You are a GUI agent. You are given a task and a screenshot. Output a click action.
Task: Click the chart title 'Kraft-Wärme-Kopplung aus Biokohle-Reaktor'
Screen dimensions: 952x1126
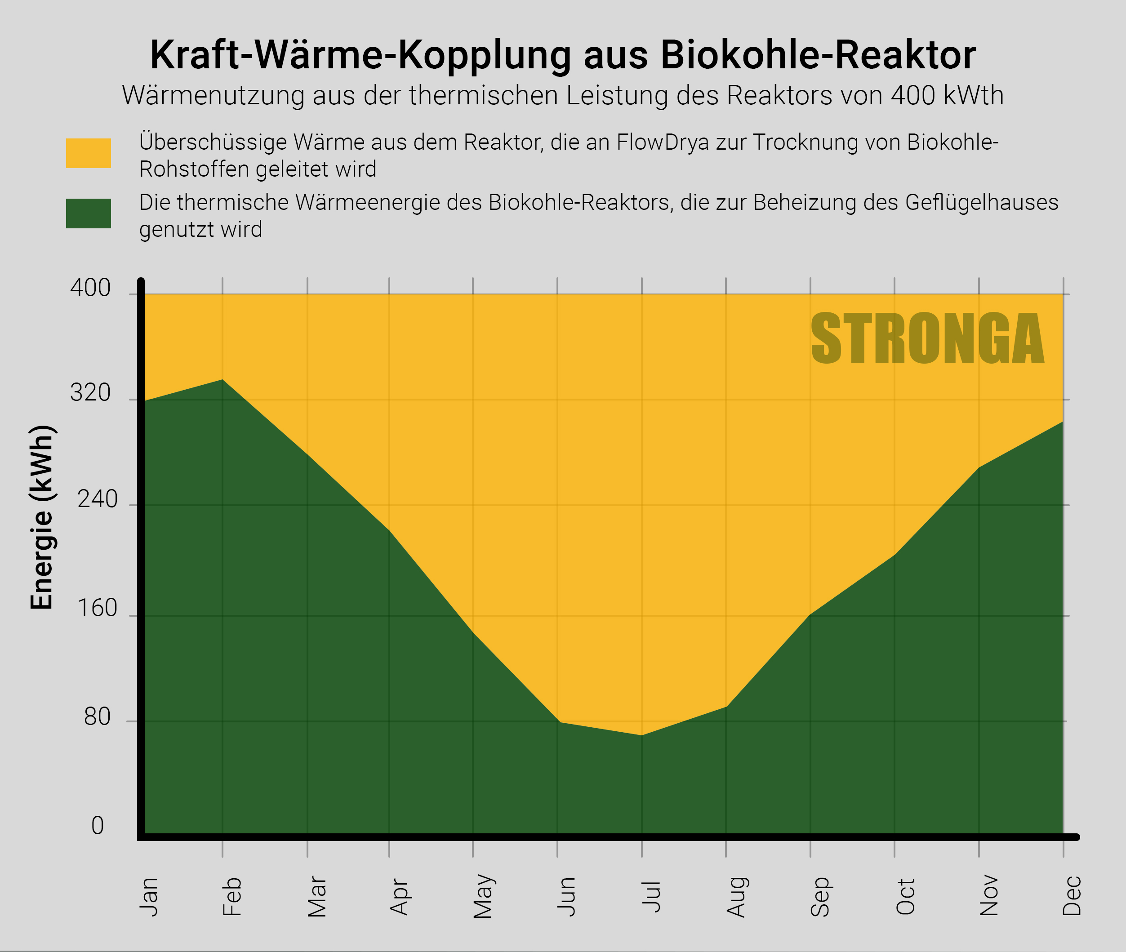point(562,55)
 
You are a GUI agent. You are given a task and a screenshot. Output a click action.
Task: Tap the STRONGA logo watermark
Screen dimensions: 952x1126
point(927,339)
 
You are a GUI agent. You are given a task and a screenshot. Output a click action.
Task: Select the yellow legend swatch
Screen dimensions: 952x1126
point(89,153)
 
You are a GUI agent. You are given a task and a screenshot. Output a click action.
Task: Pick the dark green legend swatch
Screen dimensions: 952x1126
point(89,213)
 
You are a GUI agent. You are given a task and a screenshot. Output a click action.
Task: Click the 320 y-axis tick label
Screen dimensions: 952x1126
point(90,393)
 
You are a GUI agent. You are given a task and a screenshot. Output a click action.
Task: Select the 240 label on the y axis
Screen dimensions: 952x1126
point(97,499)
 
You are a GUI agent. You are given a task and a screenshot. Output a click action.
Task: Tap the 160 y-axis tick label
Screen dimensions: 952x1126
point(97,608)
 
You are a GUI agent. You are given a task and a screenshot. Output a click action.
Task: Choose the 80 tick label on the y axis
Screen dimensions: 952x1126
point(97,717)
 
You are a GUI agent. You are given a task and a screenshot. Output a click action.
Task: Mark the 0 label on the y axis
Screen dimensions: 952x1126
point(97,826)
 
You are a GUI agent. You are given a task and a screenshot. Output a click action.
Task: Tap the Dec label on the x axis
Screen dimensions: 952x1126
point(1072,896)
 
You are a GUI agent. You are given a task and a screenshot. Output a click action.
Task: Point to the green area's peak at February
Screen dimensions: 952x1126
point(223,379)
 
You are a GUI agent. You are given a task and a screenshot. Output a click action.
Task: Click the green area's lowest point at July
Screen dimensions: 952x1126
point(642,735)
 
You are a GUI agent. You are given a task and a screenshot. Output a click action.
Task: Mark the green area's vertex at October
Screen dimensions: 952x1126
point(895,554)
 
